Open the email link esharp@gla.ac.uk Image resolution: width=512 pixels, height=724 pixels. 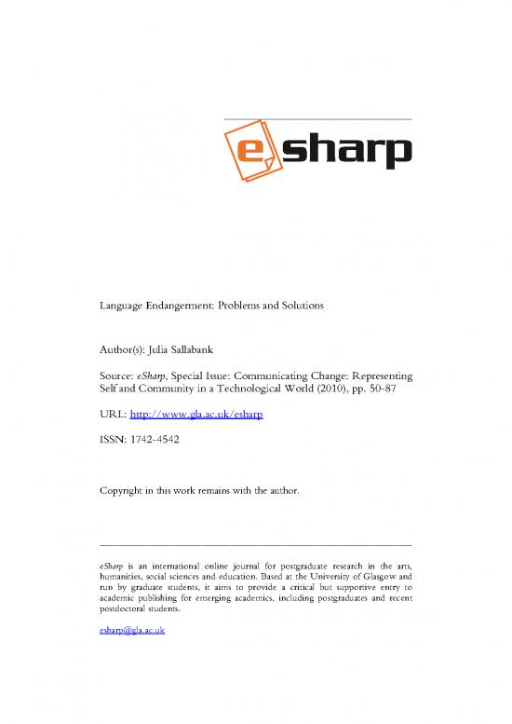tap(131, 631)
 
